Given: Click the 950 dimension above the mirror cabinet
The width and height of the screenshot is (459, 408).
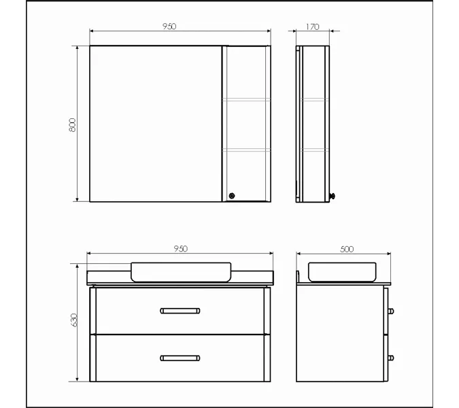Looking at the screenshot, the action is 169,27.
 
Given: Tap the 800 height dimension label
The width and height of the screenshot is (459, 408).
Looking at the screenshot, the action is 72,125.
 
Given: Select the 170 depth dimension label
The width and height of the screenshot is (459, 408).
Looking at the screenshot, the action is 312,27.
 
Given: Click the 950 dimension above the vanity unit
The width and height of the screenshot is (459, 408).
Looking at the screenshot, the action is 181,248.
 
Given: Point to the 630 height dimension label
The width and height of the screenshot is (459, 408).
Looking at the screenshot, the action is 73,320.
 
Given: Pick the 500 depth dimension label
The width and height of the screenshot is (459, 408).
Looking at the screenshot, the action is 347,249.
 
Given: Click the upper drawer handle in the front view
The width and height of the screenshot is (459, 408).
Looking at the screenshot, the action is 180,311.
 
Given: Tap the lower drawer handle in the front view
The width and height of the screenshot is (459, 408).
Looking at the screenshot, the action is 180,358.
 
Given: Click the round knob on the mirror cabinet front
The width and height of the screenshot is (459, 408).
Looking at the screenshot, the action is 232,196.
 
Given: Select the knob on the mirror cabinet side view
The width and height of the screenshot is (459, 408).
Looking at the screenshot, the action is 333,196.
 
